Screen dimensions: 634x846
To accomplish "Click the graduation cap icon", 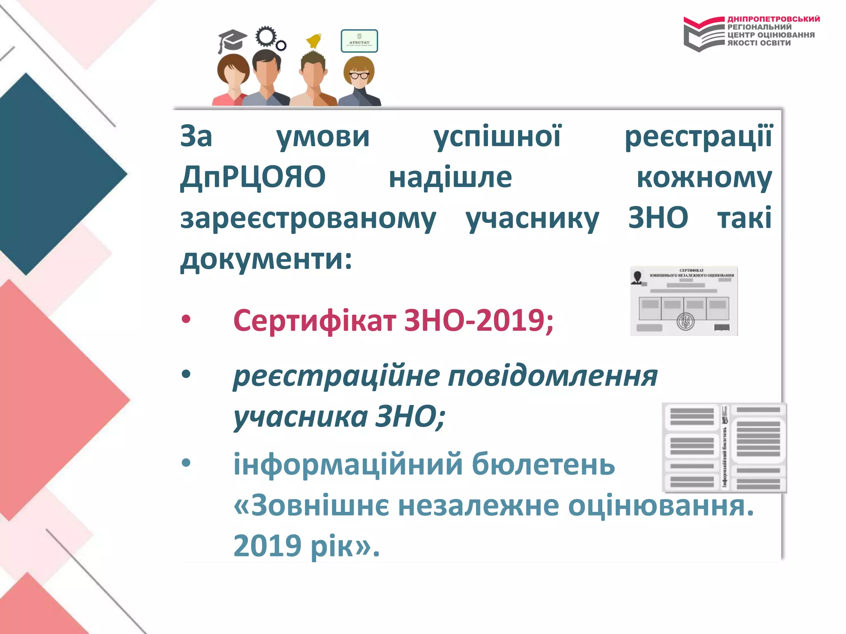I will point(231,40).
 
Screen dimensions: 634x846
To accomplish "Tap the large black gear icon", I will point(265,36).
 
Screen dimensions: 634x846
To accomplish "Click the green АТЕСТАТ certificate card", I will point(359,41).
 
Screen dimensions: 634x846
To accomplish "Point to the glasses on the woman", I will point(359,76).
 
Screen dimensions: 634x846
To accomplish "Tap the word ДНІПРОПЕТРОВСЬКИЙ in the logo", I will point(773,19).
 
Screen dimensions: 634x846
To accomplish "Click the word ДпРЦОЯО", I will point(253,177).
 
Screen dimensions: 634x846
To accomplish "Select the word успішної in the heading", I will point(497,136).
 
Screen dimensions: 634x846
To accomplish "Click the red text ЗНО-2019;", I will point(478,320).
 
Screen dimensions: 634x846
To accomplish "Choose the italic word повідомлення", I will point(553,376).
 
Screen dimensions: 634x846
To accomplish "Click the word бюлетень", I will point(543,464).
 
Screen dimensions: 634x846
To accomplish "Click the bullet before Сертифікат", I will point(186,319).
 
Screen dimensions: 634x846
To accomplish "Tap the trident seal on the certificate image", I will point(685,321).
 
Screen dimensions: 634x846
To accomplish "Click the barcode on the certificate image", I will point(722,328).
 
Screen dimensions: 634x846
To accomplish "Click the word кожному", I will point(704,178).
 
